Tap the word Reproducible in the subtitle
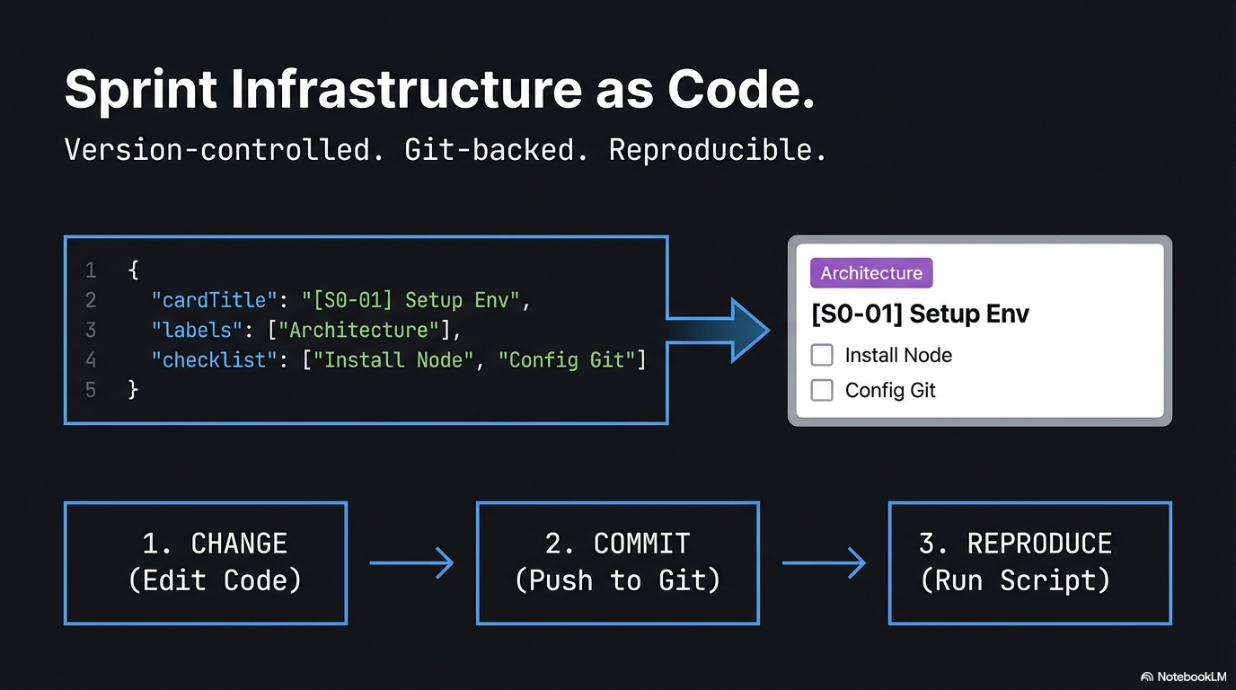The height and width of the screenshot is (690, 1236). pos(717,150)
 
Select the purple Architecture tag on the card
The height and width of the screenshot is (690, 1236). pos(871,273)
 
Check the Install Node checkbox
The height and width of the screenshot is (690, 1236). pos(822,355)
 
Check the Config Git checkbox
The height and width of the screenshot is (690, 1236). pos(822,390)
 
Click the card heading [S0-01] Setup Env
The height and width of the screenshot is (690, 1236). pos(920,314)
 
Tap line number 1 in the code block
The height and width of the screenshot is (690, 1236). pos(90,270)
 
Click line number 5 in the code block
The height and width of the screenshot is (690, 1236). pos(90,390)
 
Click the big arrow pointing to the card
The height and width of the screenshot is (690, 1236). pos(728,331)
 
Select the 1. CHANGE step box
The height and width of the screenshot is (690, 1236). pos(206,562)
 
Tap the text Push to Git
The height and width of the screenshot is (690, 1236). pos(618,580)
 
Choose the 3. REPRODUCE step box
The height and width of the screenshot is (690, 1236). pos(1029,562)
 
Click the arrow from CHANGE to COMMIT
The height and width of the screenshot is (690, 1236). pos(411,563)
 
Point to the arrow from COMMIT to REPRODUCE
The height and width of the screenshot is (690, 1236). pos(824,563)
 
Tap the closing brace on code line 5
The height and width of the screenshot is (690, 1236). pos(133,390)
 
